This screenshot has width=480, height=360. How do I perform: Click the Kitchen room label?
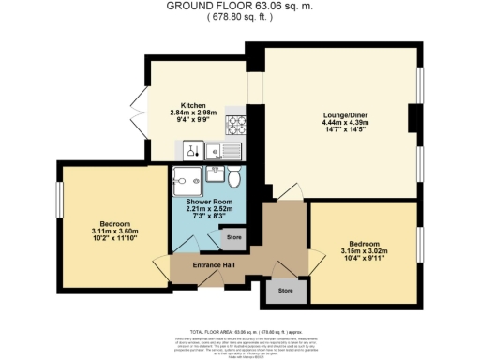click(193, 105)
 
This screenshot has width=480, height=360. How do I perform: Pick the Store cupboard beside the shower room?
click(234, 237)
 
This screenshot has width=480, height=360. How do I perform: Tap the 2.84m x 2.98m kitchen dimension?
click(193, 113)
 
